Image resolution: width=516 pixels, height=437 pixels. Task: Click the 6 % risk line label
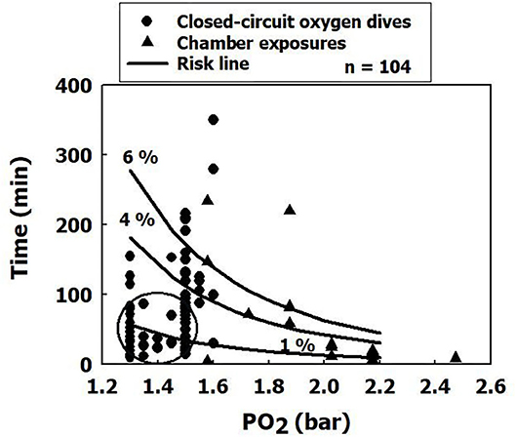(x=139, y=157)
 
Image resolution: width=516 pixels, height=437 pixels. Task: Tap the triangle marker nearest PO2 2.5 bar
(x=456, y=356)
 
